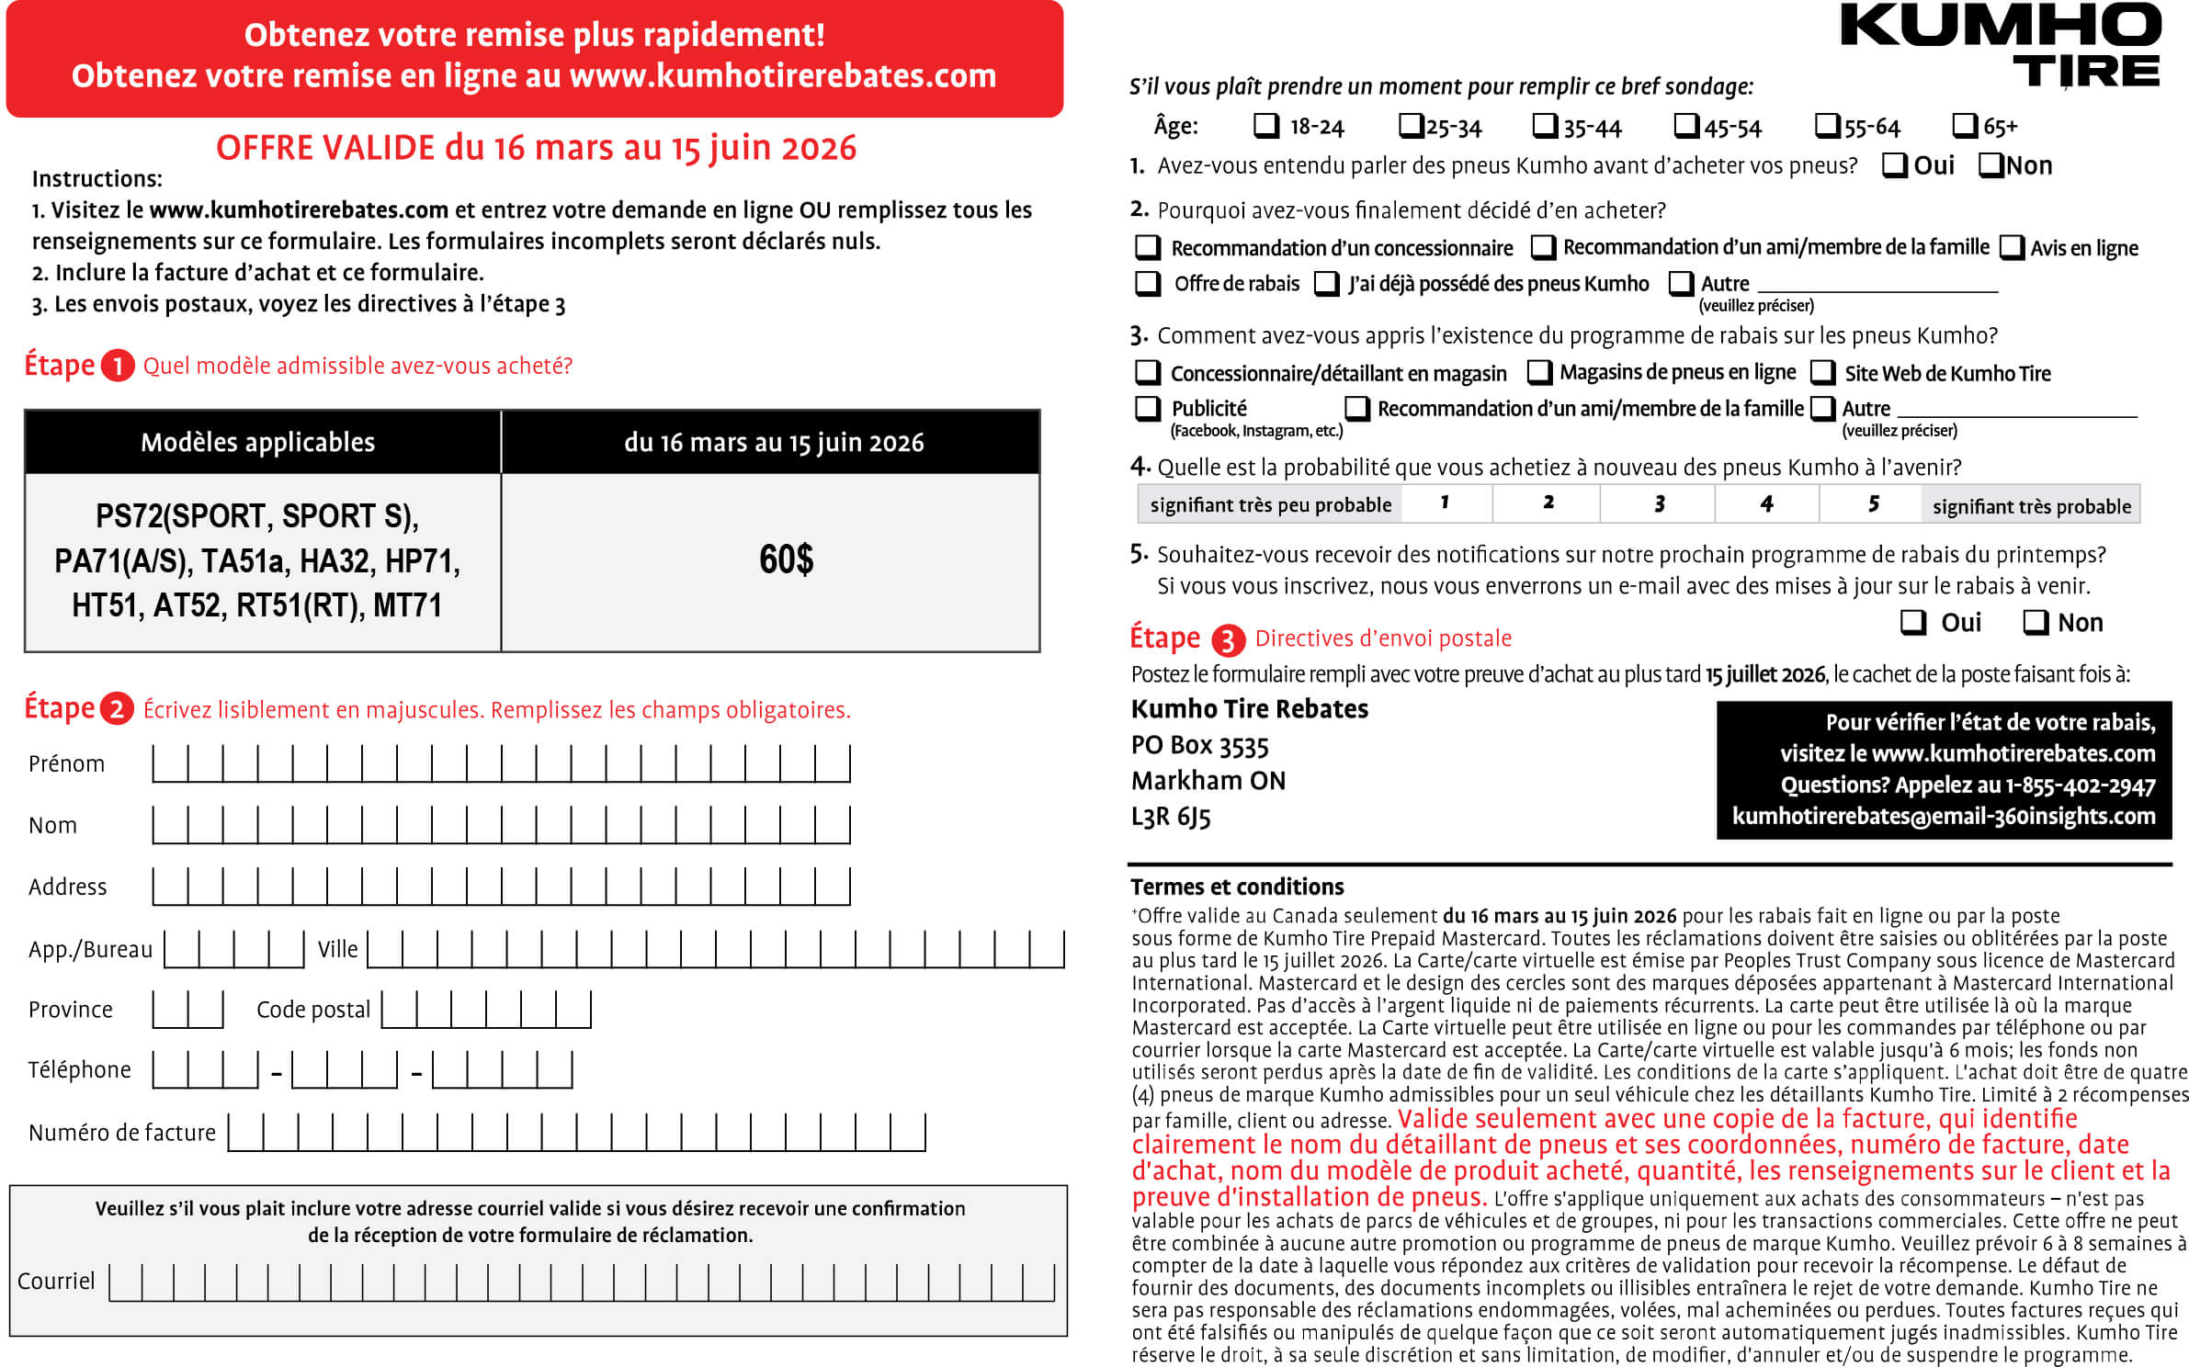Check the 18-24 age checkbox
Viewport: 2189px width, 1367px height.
click(x=1265, y=125)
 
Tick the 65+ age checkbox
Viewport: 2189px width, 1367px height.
click(x=1964, y=125)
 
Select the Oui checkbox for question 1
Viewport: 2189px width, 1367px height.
click(x=1894, y=165)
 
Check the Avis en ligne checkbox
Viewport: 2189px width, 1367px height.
click(x=2012, y=247)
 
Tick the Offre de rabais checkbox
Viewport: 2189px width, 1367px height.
click(x=1147, y=283)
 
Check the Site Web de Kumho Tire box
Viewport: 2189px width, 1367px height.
click(x=1822, y=372)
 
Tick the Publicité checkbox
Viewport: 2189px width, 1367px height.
click(x=1147, y=407)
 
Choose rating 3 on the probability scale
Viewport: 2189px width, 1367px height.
click(x=1659, y=503)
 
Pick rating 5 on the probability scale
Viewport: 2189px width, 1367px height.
click(x=1873, y=503)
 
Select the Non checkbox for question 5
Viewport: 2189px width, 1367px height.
click(x=2036, y=622)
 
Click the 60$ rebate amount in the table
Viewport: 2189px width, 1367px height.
click(x=786, y=559)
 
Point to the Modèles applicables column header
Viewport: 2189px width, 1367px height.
click(x=258, y=442)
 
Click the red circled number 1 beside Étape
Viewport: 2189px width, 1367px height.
click(x=118, y=366)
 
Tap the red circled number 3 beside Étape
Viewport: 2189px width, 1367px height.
click(x=1228, y=639)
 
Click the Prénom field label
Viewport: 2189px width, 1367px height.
click(x=66, y=764)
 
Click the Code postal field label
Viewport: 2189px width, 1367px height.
click(x=313, y=1010)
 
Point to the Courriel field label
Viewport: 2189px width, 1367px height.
click(x=56, y=1281)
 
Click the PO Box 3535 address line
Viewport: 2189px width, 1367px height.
click(x=1199, y=745)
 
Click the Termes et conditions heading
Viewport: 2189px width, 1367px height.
click(x=1237, y=887)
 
